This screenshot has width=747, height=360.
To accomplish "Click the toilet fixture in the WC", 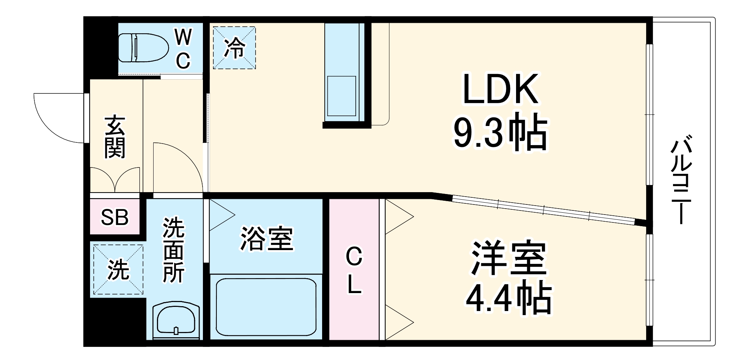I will pos(143,48).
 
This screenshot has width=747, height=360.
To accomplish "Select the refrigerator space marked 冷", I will pos(234,48).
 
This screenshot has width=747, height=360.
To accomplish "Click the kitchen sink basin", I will pos(341,96).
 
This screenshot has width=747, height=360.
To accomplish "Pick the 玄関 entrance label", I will pos(115,137).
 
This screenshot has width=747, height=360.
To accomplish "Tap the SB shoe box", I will pos(115,217).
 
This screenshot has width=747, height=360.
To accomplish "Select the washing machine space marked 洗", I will pos(118,269).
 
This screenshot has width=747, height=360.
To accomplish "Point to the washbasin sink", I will pos(176,320).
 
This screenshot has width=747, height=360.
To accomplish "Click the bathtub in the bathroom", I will pos(266,307).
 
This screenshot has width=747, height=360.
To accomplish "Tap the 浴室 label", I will pos(266,239).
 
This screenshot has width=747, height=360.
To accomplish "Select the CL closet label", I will pos(354,271).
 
